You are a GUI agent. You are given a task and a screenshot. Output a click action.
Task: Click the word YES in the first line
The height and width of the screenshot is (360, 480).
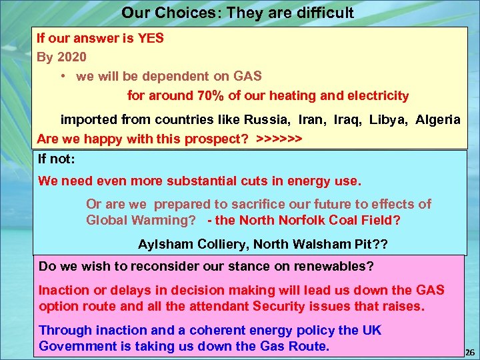click(x=150, y=38)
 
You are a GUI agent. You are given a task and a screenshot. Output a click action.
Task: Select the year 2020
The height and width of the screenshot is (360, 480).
click(x=71, y=57)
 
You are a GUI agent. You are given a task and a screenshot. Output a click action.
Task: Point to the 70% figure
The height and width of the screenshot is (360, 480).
click(x=211, y=95)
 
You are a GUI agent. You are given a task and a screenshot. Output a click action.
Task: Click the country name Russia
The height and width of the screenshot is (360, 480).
click(x=267, y=120)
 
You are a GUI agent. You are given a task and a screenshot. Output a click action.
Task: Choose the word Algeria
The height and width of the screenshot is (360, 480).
click(x=437, y=120)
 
